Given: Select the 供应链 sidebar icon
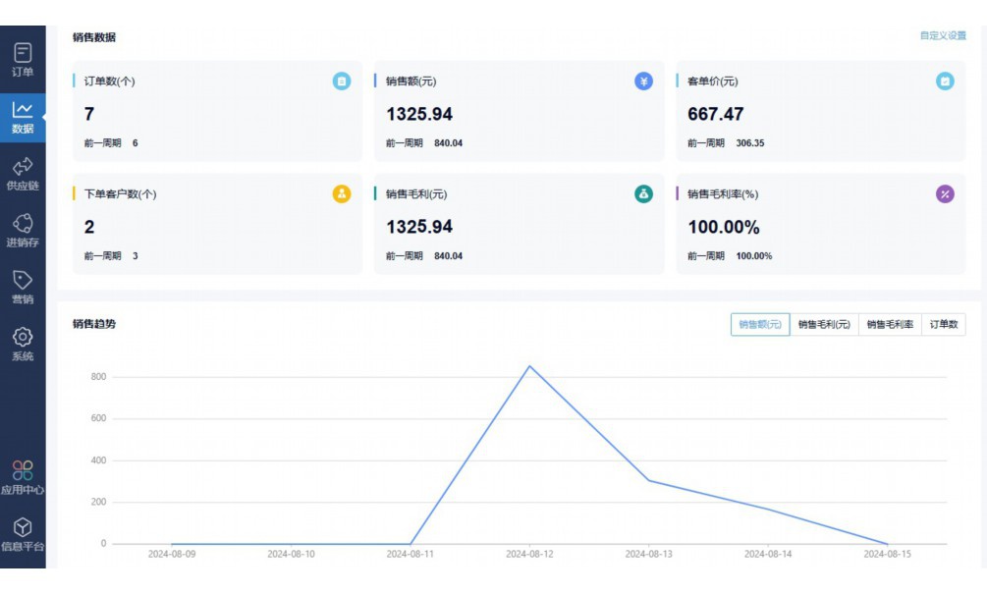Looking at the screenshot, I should (23, 174).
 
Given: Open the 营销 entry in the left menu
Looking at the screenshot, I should (23, 288).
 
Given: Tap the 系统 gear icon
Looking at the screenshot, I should (23, 337).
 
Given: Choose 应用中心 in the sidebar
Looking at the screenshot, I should (23, 477).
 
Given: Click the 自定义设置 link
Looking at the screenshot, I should (943, 35).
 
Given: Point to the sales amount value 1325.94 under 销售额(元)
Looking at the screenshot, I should (419, 114).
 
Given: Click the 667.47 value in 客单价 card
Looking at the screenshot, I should (715, 114).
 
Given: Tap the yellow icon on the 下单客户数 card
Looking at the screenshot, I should (342, 193).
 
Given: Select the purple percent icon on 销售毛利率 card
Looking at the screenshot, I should (945, 193).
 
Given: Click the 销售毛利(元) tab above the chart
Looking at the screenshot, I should (824, 324).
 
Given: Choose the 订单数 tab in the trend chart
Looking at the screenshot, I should (944, 324).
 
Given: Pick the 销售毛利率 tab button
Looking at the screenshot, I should (890, 324).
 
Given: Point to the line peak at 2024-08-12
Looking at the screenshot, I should (529, 366).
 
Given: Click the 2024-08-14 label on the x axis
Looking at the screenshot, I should (768, 554).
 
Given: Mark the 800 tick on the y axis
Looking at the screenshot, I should (97, 377).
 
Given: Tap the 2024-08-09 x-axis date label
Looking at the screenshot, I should (172, 554).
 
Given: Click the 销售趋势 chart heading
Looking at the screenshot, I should (94, 323).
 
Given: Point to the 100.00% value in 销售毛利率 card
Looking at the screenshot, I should (724, 227).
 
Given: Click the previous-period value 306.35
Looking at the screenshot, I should (750, 143).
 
